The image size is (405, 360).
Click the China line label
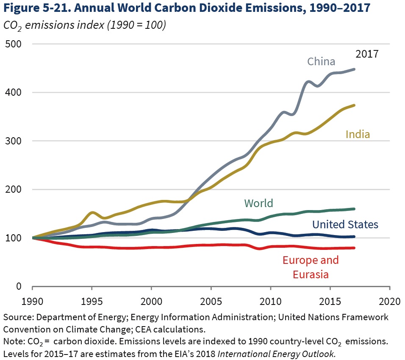(321, 61)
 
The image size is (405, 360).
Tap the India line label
(358, 134)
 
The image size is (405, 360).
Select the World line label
(258, 203)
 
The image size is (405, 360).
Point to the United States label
(345, 224)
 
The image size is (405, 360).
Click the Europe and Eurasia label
(311, 267)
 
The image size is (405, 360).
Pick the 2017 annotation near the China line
(366, 54)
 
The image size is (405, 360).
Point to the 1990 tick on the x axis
(32, 301)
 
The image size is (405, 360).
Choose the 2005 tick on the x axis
(211, 301)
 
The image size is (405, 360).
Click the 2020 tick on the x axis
(389, 301)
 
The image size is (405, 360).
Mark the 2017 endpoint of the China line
(354, 69)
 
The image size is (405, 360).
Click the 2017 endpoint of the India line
(354, 105)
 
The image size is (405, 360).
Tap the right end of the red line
(354, 248)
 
